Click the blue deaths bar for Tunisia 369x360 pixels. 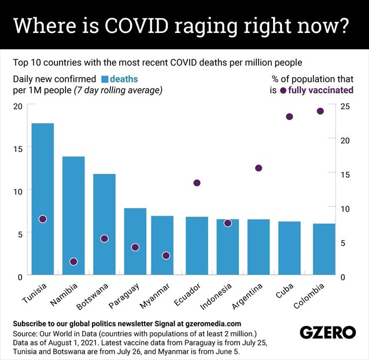[43, 199]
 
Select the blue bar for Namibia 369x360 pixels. [73, 215]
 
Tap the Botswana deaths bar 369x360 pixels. [104, 224]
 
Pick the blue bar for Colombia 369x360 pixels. [324, 249]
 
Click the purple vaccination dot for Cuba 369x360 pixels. [289, 116]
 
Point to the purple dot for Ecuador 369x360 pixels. [197, 183]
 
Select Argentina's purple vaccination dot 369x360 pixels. [259, 168]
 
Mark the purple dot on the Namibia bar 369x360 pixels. [73, 262]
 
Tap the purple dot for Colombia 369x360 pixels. [320, 111]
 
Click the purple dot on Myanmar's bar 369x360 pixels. [166, 255]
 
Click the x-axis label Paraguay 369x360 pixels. [124, 296]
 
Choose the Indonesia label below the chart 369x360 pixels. [216, 296]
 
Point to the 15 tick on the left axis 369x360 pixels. [18, 149]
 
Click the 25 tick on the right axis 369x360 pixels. [345, 106]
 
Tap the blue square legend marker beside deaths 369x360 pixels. [105, 79]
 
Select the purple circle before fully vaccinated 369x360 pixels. [283, 90]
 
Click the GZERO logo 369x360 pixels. [327, 332]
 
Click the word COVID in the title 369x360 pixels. [136, 25]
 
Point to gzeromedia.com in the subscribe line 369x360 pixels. [213, 324]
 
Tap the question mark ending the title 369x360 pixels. [342, 25]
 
